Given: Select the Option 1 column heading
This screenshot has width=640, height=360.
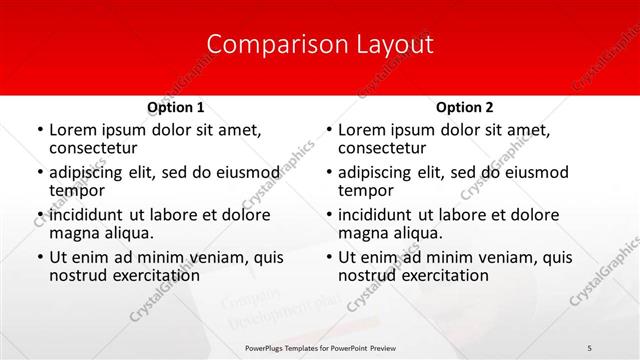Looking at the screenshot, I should click(176, 107).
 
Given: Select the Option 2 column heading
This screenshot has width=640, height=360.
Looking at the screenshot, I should click(464, 107).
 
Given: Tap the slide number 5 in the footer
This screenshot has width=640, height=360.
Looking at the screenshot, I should click(590, 347).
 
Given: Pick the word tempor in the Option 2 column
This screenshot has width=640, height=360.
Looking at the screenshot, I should click(364, 192).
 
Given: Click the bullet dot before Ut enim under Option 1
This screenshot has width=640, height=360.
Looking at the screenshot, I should click(39, 257).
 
